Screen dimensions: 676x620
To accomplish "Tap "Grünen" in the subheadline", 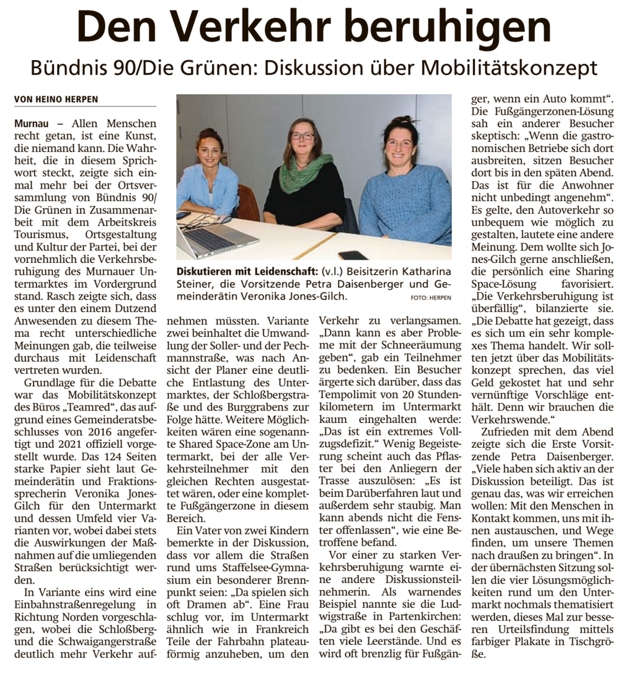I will coord(213,67).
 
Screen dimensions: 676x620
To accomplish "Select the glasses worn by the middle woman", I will coord(303,136).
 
